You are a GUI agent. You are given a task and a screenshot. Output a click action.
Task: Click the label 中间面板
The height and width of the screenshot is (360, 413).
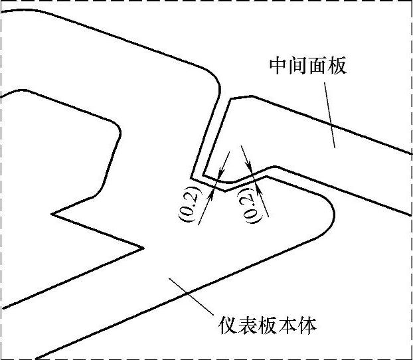point(307,66)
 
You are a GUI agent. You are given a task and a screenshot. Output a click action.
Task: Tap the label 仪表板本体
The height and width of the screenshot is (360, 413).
point(268,326)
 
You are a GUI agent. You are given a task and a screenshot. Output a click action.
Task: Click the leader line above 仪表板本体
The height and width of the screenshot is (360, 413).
point(192,296)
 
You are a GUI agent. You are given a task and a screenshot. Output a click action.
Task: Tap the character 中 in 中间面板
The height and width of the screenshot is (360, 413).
point(278,66)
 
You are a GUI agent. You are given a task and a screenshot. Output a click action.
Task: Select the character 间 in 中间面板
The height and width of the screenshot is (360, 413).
point(297,66)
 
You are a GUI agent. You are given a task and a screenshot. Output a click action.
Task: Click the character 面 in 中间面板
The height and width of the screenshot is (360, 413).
point(317,66)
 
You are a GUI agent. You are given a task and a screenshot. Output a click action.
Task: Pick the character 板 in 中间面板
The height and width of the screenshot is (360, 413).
point(337,66)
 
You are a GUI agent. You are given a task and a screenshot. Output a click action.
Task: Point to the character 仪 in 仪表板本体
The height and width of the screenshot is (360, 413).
point(228,326)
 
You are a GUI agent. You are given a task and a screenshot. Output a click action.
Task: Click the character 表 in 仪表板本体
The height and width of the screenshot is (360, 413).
point(248,326)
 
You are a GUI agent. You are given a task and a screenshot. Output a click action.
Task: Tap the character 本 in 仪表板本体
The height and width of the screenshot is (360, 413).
point(288,326)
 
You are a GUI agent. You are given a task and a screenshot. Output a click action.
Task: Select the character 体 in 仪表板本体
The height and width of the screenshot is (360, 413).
point(308,326)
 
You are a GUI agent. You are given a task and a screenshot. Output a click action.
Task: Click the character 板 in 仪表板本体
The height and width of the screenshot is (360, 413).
point(268,326)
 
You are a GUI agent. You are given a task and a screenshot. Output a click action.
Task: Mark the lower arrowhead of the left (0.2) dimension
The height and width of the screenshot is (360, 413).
point(213,192)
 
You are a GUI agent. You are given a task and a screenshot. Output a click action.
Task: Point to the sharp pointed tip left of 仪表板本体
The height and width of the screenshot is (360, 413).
point(143,248)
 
